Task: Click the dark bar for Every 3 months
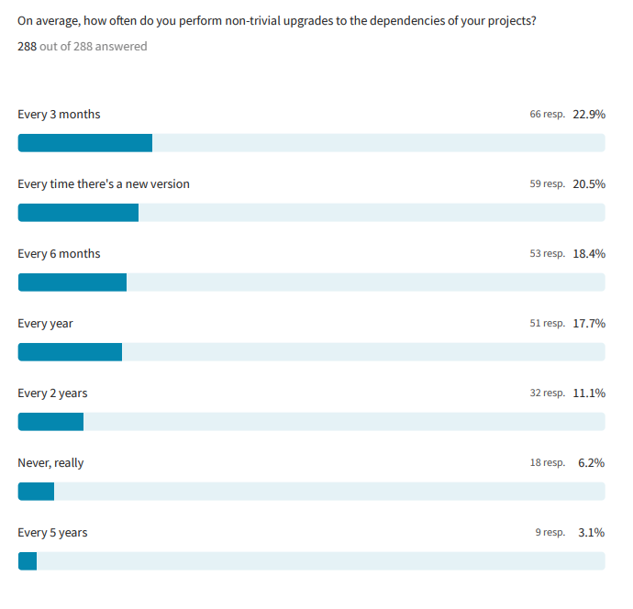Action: tap(85, 143)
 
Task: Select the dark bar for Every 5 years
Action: tap(28, 561)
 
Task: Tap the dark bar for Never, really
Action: tap(36, 492)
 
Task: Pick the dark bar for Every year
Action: tap(70, 352)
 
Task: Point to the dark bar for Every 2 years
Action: tap(50, 422)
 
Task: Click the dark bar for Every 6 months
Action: tap(72, 282)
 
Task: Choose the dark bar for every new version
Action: tap(78, 213)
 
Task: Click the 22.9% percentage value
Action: tap(589, 115)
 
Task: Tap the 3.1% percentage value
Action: tap(591, 533)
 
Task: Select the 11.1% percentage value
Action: tap(589, 393)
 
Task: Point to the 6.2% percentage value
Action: tap(591, 463)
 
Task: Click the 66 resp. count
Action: tap(547, 115)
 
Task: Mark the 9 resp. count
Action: tap(550, 533)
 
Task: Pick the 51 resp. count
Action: tap(547, 324)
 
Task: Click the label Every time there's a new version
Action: tap(104, 184)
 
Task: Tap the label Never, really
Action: tap(50, 463)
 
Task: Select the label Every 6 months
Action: tap(59, 254)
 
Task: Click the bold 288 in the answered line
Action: tap(27, 46)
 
